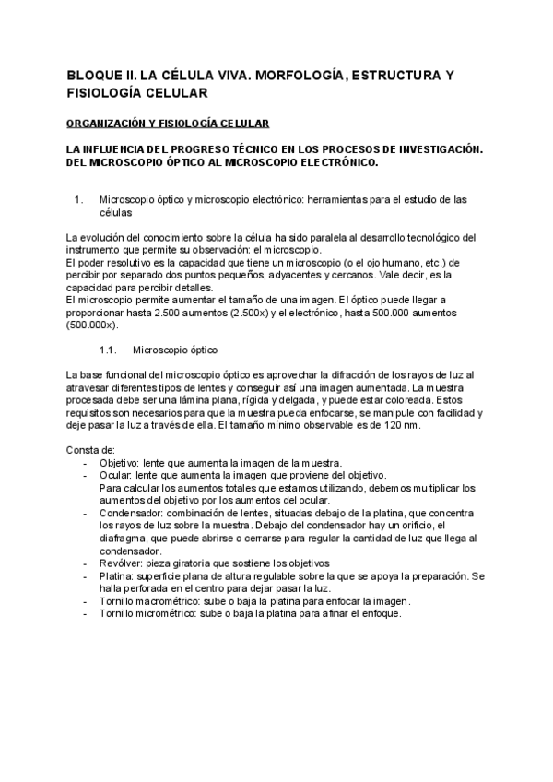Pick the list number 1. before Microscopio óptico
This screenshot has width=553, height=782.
tap(79, 199)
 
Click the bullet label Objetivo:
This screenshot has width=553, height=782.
tap(119, 462)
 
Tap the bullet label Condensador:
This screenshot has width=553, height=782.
tap(130, 512)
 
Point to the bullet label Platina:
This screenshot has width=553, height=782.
tap(117, 575)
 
